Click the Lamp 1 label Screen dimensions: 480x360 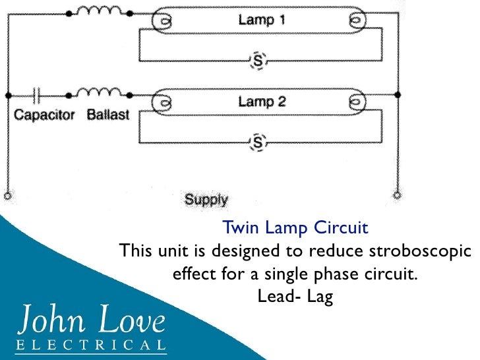click(262, 20)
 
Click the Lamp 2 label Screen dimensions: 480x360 click(262, 102)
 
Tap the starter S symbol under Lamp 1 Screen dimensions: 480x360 click(258, 61)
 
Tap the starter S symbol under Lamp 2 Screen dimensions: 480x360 click(258, 142)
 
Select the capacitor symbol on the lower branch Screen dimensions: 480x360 click(38, 95)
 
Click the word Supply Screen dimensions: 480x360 click(206, 199)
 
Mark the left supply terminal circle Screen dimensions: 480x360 click(8, 195)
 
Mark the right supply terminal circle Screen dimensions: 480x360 click(397, 195)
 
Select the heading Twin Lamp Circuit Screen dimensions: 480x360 click(295, 229)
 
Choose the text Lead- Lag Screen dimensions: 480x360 click(295, 297)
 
